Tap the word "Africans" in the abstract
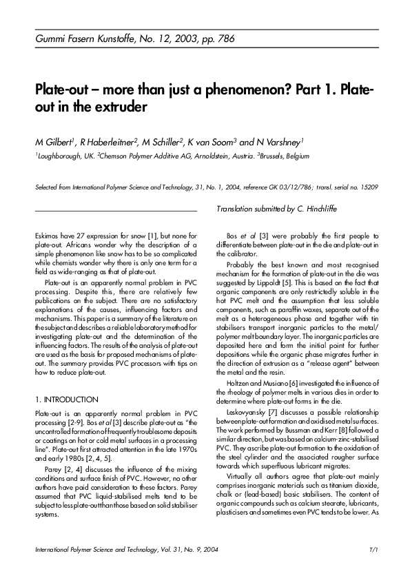[x=100, y=245]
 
